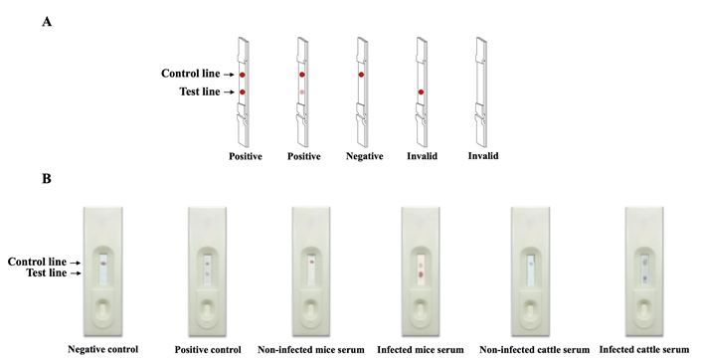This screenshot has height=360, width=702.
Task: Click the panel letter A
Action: [47, 22]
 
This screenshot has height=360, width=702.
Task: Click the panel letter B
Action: [47, 179]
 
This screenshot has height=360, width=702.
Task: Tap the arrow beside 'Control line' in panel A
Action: [229, 75]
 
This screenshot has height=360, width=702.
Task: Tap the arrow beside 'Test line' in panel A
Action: [229, 92]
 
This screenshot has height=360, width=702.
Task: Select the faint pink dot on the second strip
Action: [302, 92]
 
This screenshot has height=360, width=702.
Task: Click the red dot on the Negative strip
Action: [361, 75]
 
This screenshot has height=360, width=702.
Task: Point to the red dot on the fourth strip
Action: [421, 92]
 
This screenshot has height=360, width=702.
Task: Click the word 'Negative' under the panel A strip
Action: [365, 156]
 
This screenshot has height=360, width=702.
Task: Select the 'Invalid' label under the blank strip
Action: [483, 156]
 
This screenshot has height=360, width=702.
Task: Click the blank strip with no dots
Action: [481, 92]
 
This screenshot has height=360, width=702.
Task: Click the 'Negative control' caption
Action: [103, 349]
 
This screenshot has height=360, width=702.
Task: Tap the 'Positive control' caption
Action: [208, 350]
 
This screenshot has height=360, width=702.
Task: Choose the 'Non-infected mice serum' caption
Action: [311, 350]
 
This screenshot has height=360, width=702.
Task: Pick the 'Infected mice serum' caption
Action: [421, 350]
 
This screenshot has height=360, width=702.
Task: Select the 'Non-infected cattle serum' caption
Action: [535, 350]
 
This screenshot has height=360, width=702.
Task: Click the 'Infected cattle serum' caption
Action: [644, 350]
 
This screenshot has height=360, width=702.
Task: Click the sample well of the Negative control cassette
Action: [102, 309]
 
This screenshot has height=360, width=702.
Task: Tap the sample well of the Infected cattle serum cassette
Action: [644, 309]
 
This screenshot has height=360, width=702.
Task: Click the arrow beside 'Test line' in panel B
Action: [76, 273]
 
